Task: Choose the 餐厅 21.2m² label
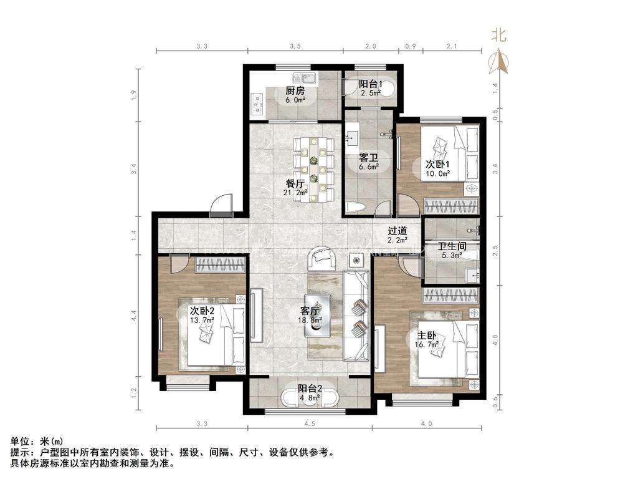pos(295,188)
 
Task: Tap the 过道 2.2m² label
pos(398,235)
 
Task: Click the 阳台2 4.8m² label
pos(309,391)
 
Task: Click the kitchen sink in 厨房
pos(308,79)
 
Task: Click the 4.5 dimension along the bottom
pos(310,425)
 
